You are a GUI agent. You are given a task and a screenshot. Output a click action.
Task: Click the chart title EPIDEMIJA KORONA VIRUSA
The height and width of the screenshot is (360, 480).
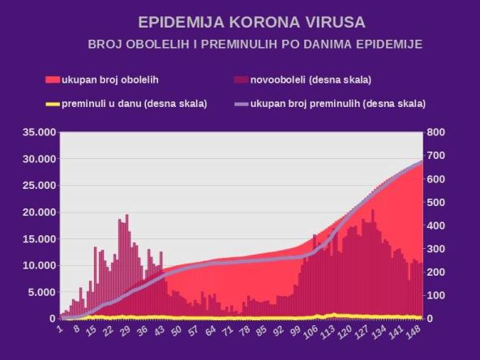pyautogui.click(x=240, y=21)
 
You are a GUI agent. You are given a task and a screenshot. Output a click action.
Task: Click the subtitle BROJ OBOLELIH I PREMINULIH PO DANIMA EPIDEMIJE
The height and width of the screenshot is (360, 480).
pyautogui.click(x=255, y=44)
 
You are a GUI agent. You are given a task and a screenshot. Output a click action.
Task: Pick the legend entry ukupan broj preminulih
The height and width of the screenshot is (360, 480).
pyautogui.click(x=337, y=103)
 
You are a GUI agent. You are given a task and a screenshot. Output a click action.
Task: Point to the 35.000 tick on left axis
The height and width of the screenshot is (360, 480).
pyautogui.click(x=36, y=132)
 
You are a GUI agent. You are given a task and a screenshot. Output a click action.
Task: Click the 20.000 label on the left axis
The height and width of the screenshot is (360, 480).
pyautogui.click(x=36, y=212)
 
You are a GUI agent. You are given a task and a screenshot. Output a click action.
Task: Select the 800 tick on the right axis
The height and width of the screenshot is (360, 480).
pyautogui.click(x=437, y=132)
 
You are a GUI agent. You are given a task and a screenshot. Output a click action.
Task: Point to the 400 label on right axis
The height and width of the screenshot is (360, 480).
pyautogui.click(x=437, y=225)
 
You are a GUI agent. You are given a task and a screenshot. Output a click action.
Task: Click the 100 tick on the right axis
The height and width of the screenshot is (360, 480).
pyautogui.click(x=437, y=295)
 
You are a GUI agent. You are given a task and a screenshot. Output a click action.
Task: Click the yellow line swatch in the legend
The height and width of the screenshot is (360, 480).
pyautogui.click(x=53, y=103)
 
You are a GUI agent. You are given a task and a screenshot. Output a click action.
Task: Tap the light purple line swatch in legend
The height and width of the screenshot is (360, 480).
pyautogui.click(x=241, y=103)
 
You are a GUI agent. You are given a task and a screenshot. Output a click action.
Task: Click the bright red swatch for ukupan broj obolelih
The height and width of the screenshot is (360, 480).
pyautogui.click(x=53, y=79)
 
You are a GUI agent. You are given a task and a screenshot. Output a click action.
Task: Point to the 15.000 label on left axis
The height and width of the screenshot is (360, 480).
pyautogui.click(x=36, y=238)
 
